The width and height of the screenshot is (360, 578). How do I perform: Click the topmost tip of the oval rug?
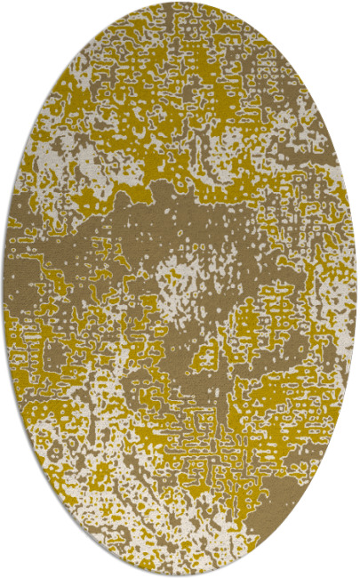click(x=179, y=4)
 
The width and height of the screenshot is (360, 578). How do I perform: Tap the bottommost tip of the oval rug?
click(x=179, y=574)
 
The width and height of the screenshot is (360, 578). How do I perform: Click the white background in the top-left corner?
click(x=18, y=18)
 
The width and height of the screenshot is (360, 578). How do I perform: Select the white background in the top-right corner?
click(x=342, y=18)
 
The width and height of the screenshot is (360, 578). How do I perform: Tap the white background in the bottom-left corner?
click(x=18, y=560)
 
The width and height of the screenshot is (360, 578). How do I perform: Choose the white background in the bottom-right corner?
click(x=342, y=560)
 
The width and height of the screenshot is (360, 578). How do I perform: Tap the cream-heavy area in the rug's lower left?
click(x=80, y=445)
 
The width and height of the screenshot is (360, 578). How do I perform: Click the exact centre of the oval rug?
click(x=180, y=289)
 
